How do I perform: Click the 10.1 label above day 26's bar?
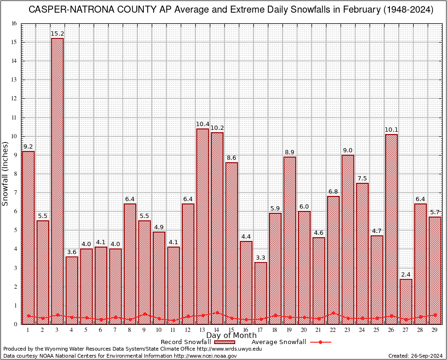[x=391, y=130]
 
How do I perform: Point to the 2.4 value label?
[x=406, y=275]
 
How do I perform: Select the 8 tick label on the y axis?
[x=15, y=174]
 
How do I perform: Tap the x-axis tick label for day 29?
[x=435, y=330]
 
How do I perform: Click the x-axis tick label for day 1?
[x=28, y=330]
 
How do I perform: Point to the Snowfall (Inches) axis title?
[x=5, y=174]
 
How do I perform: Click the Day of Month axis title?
[x=231, y=336]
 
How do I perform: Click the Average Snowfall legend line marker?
[x=320, y=342]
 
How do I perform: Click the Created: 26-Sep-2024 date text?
[x=415, y=356]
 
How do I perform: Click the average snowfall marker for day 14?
[x=217, y=313]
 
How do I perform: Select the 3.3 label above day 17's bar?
[x=261, y=258]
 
